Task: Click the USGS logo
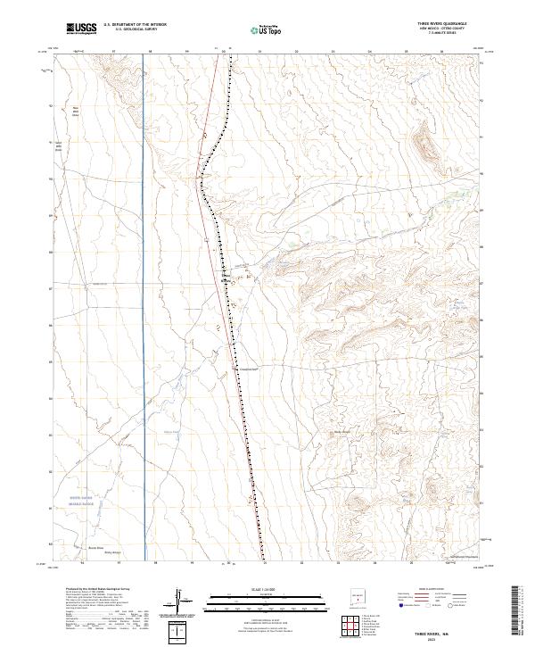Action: (81, 29)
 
